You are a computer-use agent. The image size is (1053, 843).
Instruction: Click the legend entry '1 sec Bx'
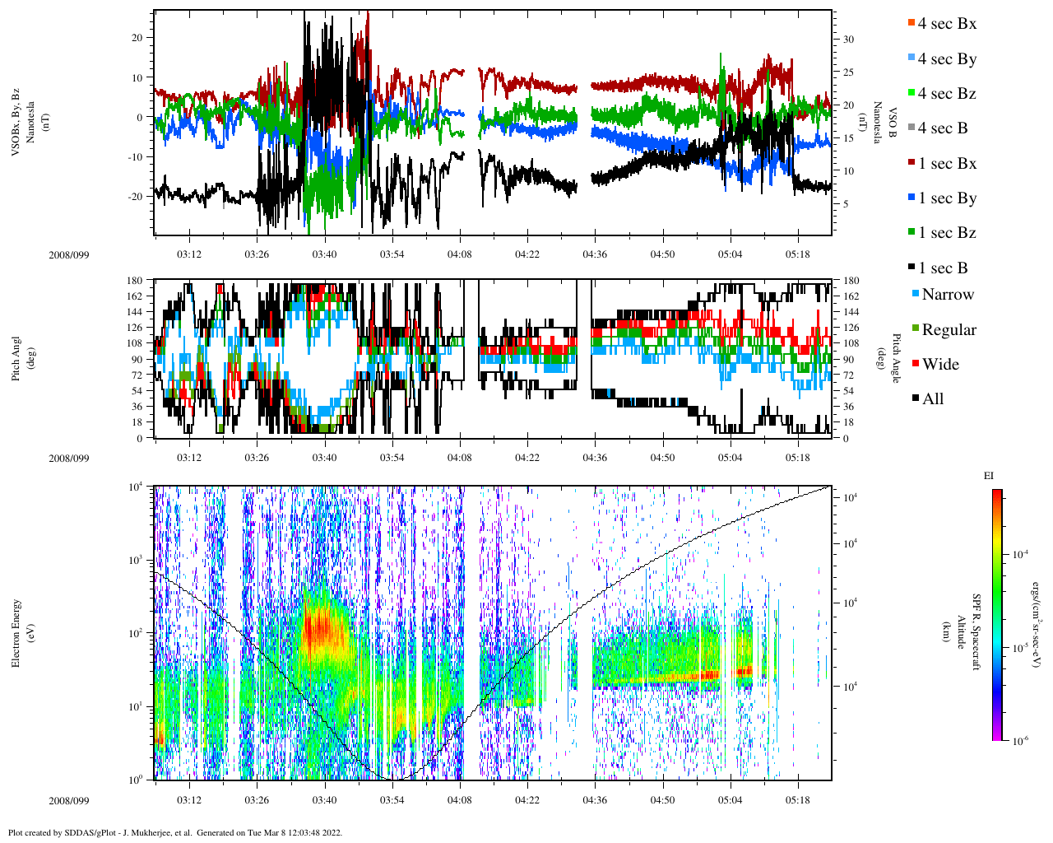click(x=947, y=163)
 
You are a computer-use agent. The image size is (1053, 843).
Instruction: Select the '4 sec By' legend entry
click(x=947, y=58)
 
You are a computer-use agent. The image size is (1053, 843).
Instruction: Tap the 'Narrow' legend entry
click(x=947, y=294)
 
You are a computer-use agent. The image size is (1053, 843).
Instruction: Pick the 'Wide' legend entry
click(x=940, y=364)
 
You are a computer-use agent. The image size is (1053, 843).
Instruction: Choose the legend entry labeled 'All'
click(x=932, y=398)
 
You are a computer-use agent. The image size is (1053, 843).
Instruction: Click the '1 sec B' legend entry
click(x=943, y=268)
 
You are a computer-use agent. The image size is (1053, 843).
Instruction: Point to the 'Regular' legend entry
click(x=949, y=329)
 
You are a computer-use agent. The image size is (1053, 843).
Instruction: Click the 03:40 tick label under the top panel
click(x=324, y=254)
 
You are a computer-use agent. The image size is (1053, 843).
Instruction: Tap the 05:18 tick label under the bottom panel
click(x=797, y=799)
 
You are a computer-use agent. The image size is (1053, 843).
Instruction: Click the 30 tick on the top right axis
click(x=848, y=40)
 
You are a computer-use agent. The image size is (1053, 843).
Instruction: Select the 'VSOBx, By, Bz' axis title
click(x=16, y=123)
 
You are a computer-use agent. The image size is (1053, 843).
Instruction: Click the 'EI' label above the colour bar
click(x=988, y=475)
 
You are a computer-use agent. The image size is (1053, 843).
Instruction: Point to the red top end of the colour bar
click(x=996, y=493)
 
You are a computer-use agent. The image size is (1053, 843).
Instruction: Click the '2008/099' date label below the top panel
click(x=68, y=254)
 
